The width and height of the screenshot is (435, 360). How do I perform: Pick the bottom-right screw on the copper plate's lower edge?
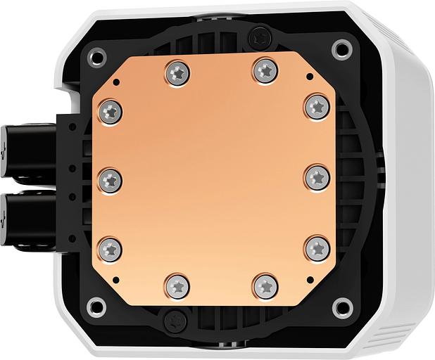pos(263,286)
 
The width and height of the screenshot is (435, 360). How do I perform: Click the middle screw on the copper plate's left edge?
pos(111,179)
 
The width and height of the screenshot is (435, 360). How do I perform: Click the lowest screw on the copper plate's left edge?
pos(111,247)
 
